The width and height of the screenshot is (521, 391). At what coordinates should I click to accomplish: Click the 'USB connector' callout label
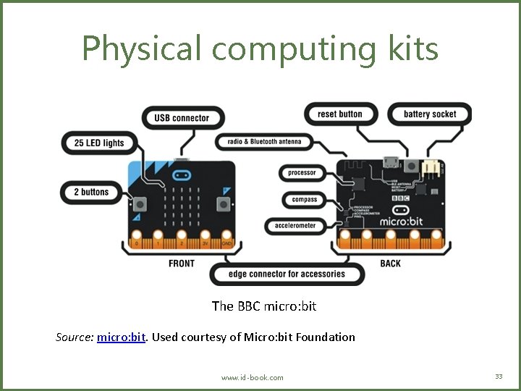click(182, 118)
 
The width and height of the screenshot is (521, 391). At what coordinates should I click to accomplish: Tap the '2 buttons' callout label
click(90, 192)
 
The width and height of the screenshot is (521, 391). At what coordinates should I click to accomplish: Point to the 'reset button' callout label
click(339, 114)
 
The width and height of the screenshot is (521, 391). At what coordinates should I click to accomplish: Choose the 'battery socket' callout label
click(430, 114)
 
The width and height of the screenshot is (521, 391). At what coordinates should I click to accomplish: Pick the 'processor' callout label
click(302, 173)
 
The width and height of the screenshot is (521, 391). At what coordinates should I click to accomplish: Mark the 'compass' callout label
click(305, 199)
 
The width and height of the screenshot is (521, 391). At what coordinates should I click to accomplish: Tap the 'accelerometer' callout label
click(295, 226)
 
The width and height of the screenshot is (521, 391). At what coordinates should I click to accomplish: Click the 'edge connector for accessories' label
click(287, 274)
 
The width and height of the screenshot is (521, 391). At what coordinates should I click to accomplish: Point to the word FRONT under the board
click(182, 264)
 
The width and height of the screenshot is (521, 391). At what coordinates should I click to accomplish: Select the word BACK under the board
click(390, 264)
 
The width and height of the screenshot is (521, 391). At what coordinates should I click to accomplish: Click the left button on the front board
click(137, 203)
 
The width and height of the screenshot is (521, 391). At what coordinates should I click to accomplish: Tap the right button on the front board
click(225, 203)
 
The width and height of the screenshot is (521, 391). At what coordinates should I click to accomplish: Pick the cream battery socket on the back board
click(432, 167)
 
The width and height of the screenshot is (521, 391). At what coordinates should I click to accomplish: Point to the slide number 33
click(499, 376)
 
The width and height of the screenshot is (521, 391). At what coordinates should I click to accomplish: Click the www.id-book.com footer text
click(253, 377)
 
